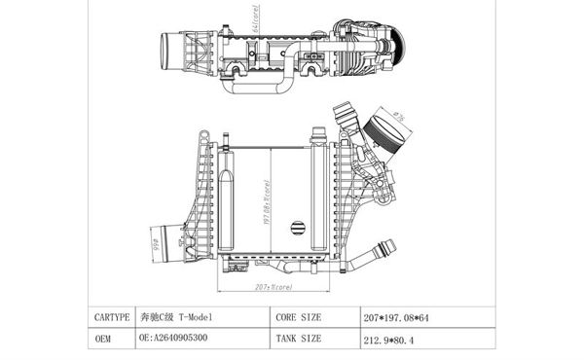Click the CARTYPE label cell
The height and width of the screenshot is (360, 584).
click(x=111, y=317)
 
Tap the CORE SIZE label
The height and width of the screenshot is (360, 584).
click(x=299, y=317)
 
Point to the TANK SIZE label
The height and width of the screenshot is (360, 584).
click(x=299, y=339)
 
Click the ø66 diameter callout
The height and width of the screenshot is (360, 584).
click(x=155, y=236)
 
